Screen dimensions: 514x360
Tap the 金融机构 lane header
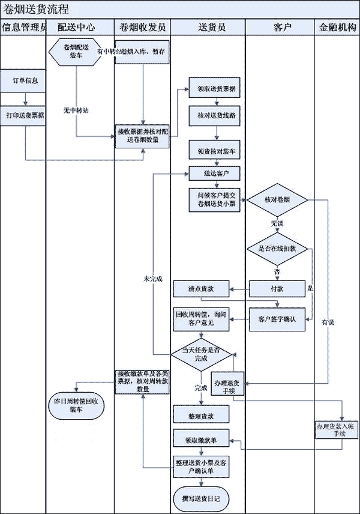337,27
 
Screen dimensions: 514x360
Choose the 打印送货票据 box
25,115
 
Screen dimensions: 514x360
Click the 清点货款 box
202,289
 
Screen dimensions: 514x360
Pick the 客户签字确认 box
278,317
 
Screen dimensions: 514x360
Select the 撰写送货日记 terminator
200,498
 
